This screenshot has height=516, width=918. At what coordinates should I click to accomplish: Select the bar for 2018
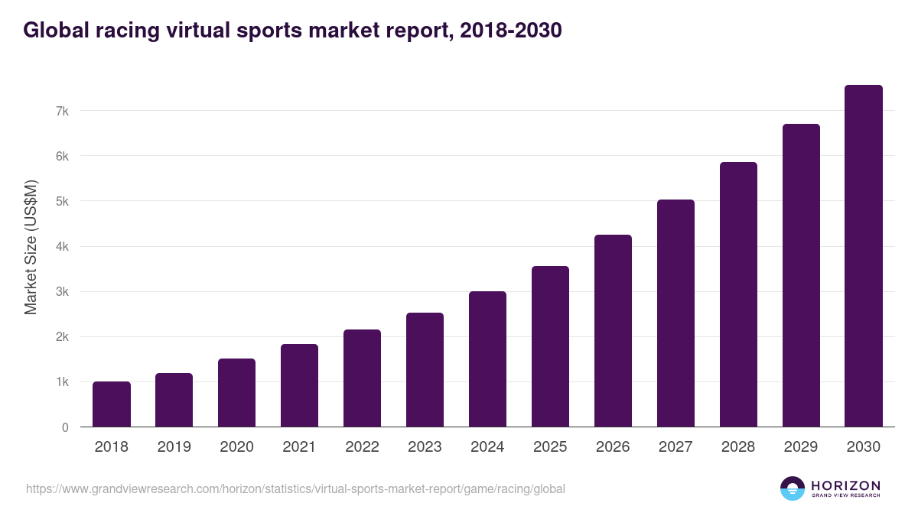(112, 404)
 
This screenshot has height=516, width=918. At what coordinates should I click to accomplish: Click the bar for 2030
(864, 256)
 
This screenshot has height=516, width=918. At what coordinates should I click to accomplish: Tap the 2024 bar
(487, 359)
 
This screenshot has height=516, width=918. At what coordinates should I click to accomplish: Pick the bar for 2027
(675, 313)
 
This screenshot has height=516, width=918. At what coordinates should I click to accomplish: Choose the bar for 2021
(299, 385)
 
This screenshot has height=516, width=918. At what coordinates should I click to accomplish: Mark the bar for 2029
(801, 275)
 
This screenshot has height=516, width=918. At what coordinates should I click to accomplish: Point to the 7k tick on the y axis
(62, 111)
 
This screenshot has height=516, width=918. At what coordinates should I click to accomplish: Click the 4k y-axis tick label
(62, 247)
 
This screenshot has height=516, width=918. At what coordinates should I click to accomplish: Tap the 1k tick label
(62, 382)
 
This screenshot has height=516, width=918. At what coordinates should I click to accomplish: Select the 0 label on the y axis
(66, 427)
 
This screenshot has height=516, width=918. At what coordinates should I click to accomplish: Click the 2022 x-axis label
(362, 447)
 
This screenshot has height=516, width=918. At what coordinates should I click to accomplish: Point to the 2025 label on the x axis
(550, 447)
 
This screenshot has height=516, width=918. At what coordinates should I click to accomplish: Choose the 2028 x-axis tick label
(738, 447)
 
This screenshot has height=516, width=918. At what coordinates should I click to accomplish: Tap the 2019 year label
(174, 447)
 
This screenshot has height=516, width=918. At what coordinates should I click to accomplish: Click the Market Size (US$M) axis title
(31, 247)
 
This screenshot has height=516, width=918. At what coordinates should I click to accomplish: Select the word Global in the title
(54, 30)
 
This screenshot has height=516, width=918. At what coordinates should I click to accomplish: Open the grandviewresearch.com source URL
(295, 488)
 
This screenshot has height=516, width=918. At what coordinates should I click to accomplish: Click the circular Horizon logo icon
(793, 488)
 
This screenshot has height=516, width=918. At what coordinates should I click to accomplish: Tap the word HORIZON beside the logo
(845, 485)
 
